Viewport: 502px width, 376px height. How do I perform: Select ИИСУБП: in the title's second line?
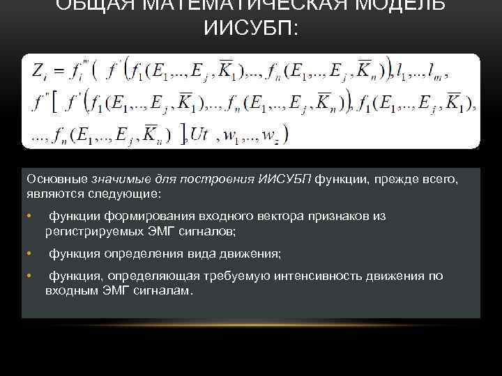click(x=250, y=30)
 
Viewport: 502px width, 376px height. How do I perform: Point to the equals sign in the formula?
click(x=59, y=72)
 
